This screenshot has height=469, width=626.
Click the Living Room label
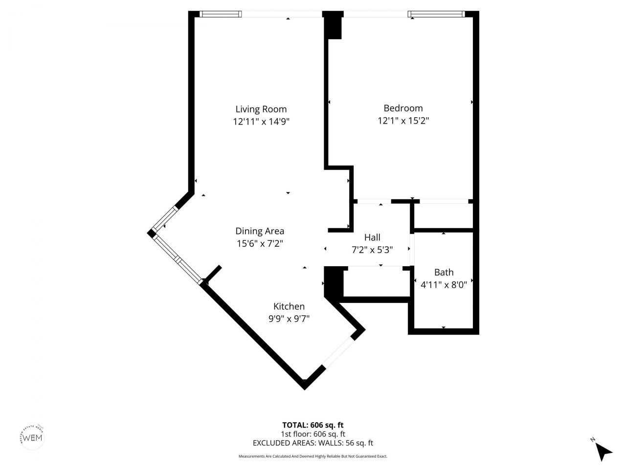(x=261, y=109)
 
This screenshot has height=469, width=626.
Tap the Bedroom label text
(x=403, y=108)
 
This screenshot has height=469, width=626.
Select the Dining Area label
(x=260, y=231)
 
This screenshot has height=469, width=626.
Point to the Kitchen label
(x=289, y=306)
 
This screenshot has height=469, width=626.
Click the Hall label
(x=372, y=237)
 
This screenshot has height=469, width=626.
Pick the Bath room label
(x=444, y=272)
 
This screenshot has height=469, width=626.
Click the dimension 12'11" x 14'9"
(x=261, y=122)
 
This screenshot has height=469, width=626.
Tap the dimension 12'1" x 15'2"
(x=403, y=121)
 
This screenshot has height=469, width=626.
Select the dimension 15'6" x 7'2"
(x=260, y=243)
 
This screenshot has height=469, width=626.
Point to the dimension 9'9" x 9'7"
(x=289, y=319)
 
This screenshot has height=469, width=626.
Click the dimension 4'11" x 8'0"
(x=444, y=284)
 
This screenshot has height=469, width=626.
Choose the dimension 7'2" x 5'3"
(x=372, y=250)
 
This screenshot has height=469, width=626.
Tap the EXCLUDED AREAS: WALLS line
(x=313, y=443)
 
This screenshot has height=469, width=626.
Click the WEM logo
(x=33, y=436)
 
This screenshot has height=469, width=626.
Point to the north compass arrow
(x=605, y=451)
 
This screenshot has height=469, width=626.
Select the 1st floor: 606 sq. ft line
(x=313, y=434)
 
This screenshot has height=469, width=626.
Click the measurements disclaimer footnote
(x=313, y=456)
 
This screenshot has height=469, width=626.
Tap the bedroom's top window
(x=436, y=15)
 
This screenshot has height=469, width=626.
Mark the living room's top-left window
(x=221, y=15)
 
